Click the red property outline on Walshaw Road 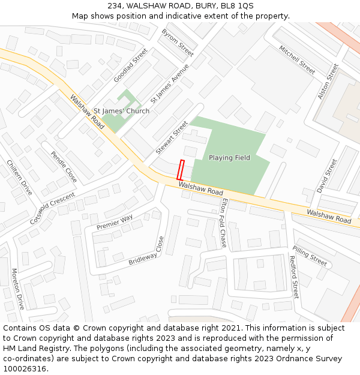(181, 170)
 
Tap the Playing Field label (229, 158)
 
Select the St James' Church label (121, 111)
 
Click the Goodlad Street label (130, 65)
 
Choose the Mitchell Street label (296, 59)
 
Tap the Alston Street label (325, 82)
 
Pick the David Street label (328, 175)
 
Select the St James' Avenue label (170, 84)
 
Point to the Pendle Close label (64, 166)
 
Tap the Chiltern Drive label (19, 177)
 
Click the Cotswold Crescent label (53, 208)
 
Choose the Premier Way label (115, 223)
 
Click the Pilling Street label (310, 256)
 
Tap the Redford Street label (294, 277)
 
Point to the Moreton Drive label (18, 289)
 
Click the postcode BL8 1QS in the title (237, 5)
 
